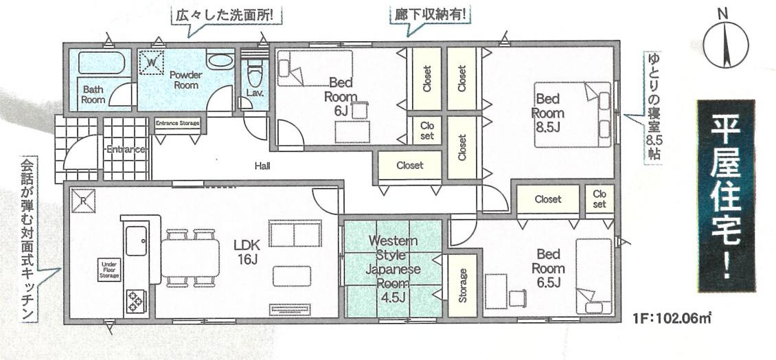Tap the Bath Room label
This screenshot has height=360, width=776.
click(94, 94)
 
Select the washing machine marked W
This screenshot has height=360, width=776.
click(150, 63)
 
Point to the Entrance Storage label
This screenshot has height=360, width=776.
click(177, 124)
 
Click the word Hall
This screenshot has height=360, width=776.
click(262, 166)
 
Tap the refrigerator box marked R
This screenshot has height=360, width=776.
click(83, 200)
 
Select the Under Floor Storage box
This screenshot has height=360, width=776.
click(110, 270)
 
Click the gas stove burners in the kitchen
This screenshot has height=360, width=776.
click(135, 300)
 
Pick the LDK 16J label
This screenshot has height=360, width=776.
click(245, 251)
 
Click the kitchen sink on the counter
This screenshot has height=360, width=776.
click(136, 239)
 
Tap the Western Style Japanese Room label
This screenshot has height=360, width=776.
click(392, 262)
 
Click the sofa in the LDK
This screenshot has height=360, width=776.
click(295, 234)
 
